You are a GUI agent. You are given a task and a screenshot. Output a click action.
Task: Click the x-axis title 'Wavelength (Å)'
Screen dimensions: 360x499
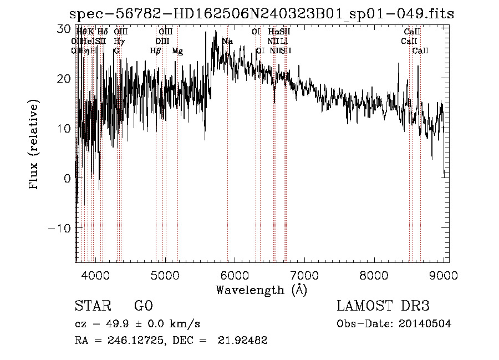pyautogui.click(x=261, y=290)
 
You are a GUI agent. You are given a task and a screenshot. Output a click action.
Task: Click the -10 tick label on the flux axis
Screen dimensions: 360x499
pyautogui.click(x=60, y=229)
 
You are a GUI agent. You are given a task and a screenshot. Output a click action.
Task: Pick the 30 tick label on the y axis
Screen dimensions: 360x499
pyautogui.click(x=64, y=28)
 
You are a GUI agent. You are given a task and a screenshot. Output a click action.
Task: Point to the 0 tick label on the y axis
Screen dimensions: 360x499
pyautogui.click(x=67, y=179)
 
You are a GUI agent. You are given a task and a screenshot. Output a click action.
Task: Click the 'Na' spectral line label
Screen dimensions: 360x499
pyautogui.click(x=227, y=41)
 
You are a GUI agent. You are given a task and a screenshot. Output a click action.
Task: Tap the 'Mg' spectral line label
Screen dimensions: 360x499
pyautogui.click(x=177, y=51)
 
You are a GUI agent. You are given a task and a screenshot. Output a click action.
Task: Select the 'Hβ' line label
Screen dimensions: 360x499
pyautogui.click(x=156, y=51)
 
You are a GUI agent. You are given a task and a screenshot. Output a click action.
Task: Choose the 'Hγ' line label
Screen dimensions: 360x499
pyautogui.click(x=119, y=41)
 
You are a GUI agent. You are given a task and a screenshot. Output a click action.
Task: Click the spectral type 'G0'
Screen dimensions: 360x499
pyautogui.click(x=143, y=306)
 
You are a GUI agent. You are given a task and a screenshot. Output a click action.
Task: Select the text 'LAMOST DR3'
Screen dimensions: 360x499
pyautogui.click(x=383, y=306)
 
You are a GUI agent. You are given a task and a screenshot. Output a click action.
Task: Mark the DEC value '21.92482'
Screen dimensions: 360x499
pyautogui.click(x=244, y=341)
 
